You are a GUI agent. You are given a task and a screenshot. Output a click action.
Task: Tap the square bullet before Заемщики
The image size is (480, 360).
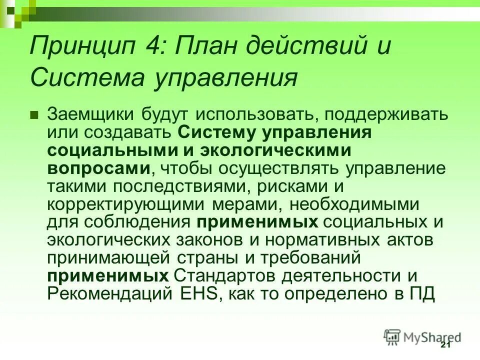coord(34,115)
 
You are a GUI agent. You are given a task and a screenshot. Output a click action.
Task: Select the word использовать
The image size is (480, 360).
coord(254,115)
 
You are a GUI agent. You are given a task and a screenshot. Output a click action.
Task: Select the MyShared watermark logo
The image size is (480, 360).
coord(422,336)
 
